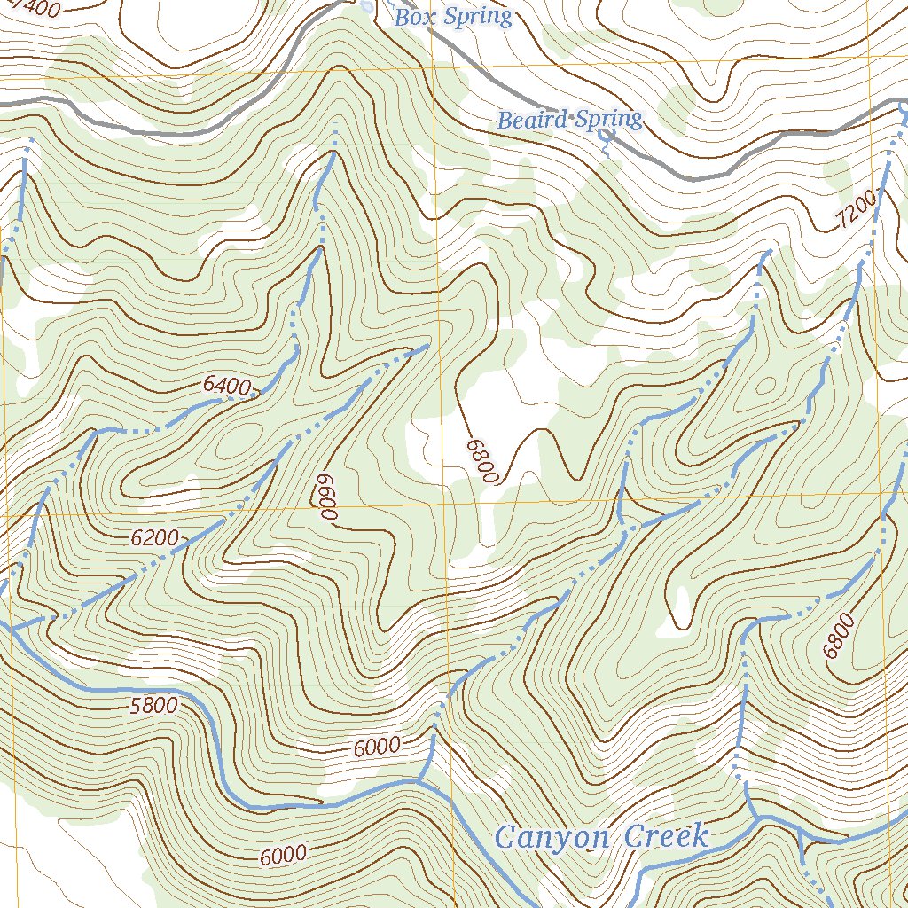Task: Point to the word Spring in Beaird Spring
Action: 608,119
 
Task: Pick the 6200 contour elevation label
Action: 154,537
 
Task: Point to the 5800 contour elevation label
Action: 153,706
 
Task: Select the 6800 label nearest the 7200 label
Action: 839,636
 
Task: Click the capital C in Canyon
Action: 505,837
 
